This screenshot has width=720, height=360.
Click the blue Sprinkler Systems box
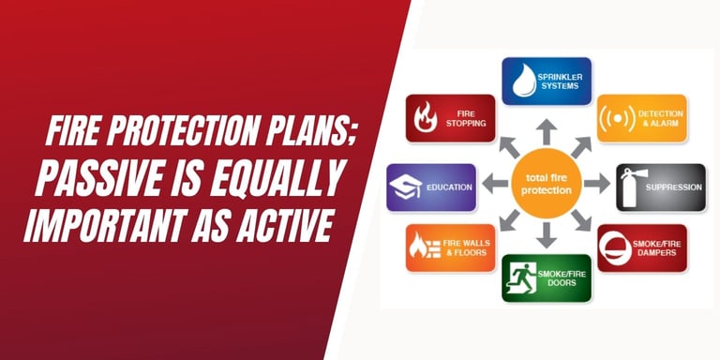coord(547,81)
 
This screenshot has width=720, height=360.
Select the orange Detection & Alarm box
coord(641,118)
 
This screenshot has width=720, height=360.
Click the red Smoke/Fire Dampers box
coord(641,248)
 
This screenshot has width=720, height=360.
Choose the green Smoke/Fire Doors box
coord(547,277)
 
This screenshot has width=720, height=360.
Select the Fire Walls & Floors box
coord(450,248)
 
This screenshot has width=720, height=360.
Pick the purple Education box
coord(431,187)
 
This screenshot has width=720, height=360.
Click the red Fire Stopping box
coord(450,118)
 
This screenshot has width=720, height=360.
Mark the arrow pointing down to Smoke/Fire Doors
coord(547,236)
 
